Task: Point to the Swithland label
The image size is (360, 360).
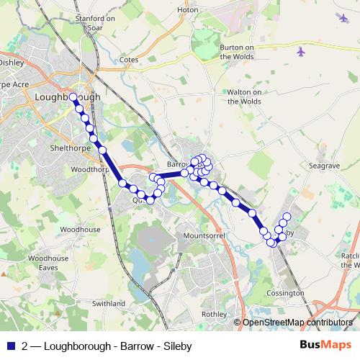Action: [x=108, y=304]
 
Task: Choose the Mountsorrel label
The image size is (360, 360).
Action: [x=206, y=235]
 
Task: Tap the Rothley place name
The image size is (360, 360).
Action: [x=214, y=314]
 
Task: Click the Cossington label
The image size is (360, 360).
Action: [x=285, y=293]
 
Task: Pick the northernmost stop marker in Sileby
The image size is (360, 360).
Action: [x=287, y=217]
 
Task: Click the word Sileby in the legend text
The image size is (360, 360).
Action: [x=177, y=346]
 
